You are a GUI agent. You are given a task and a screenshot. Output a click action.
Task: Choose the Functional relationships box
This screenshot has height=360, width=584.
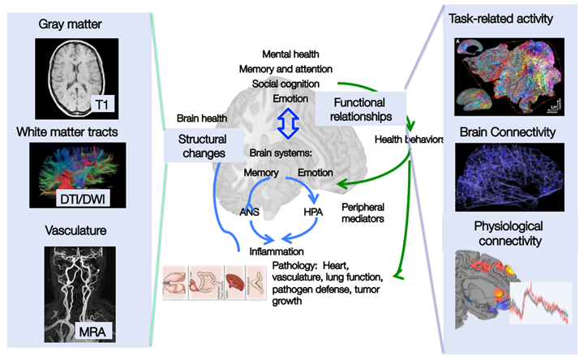359,109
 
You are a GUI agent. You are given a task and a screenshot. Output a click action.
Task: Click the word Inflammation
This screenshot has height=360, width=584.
277,251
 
